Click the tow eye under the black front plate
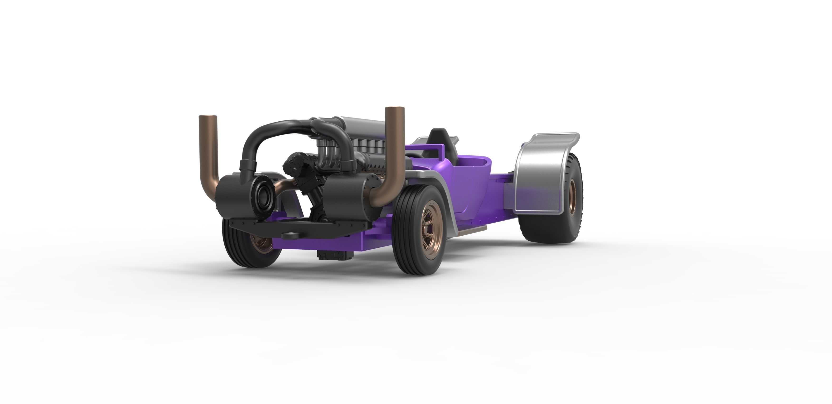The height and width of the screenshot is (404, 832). pos(291,235)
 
